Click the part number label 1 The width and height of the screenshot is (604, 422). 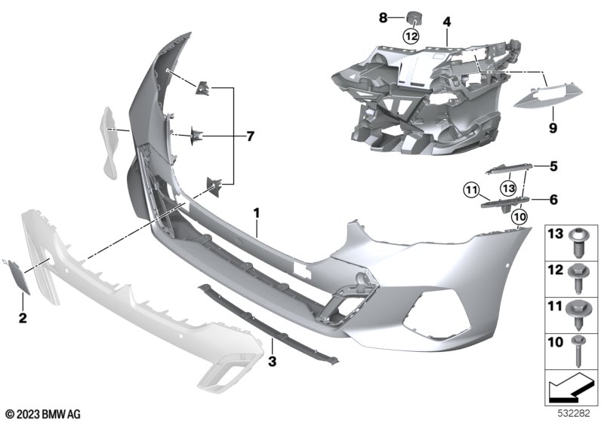(x=257, y=213)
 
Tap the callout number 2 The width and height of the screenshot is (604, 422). (x=23, y=318)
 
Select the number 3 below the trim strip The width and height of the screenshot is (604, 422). (x=273, y=361)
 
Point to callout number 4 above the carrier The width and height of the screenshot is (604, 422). (x=446, y=22)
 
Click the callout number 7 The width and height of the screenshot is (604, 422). (x=251, y=136)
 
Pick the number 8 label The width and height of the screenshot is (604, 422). (x=383, y=17)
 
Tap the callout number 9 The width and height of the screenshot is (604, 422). (x=553, y=128)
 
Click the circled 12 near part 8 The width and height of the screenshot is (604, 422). (x=411, y=36)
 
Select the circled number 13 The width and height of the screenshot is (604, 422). (x=508, y=188)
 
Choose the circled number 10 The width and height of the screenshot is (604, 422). (x=519, y=217)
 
